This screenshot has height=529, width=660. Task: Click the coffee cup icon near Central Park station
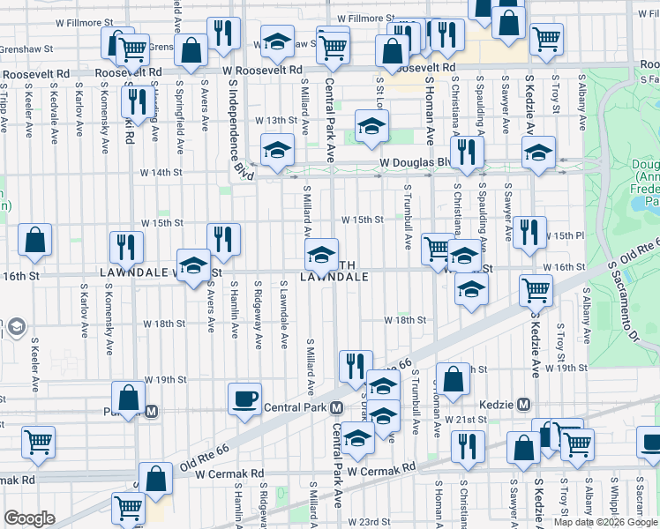pos(244,398)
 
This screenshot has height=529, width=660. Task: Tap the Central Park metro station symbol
pos(336,407)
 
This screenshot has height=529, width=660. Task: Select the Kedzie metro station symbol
pos(524,405)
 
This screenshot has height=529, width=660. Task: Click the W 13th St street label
pos(276,119)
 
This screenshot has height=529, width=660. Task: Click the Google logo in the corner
pos(29,518)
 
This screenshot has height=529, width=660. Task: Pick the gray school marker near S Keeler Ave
pos(15,328)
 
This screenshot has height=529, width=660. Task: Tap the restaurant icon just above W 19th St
pos(355,366)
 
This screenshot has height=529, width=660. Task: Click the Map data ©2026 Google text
pos(605,522)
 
